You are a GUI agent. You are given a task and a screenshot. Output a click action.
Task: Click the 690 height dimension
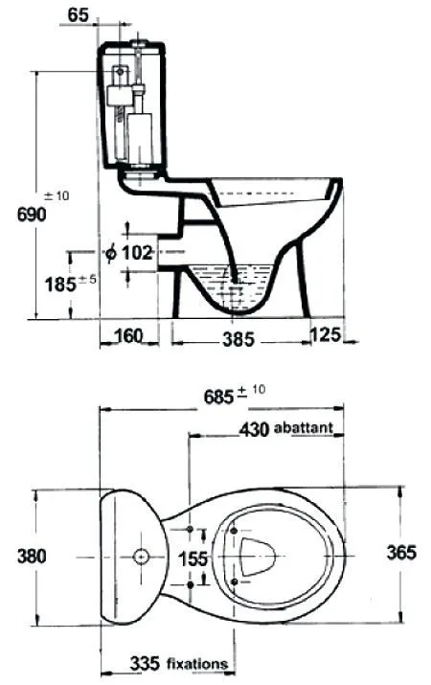click(x=32, y=215)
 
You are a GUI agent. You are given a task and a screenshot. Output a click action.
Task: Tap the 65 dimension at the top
click(x=79, y=15)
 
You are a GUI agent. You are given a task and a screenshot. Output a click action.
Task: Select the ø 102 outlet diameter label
click(x=129, y=252)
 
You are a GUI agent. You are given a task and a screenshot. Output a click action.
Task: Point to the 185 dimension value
click(x=60, y=285)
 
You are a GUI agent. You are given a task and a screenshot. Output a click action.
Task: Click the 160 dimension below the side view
click(x=128, y=336)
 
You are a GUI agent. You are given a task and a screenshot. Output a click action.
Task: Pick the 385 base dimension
click(x=238, y=339)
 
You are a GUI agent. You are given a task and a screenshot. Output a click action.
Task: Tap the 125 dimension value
click(x=326, y=334)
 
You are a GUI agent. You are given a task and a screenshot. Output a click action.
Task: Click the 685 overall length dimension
click(x=218, y=397)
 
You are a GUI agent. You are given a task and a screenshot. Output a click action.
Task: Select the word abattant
click(x=304, y=427)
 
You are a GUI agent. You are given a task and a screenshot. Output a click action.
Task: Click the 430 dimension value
click(x=254, y=429)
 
